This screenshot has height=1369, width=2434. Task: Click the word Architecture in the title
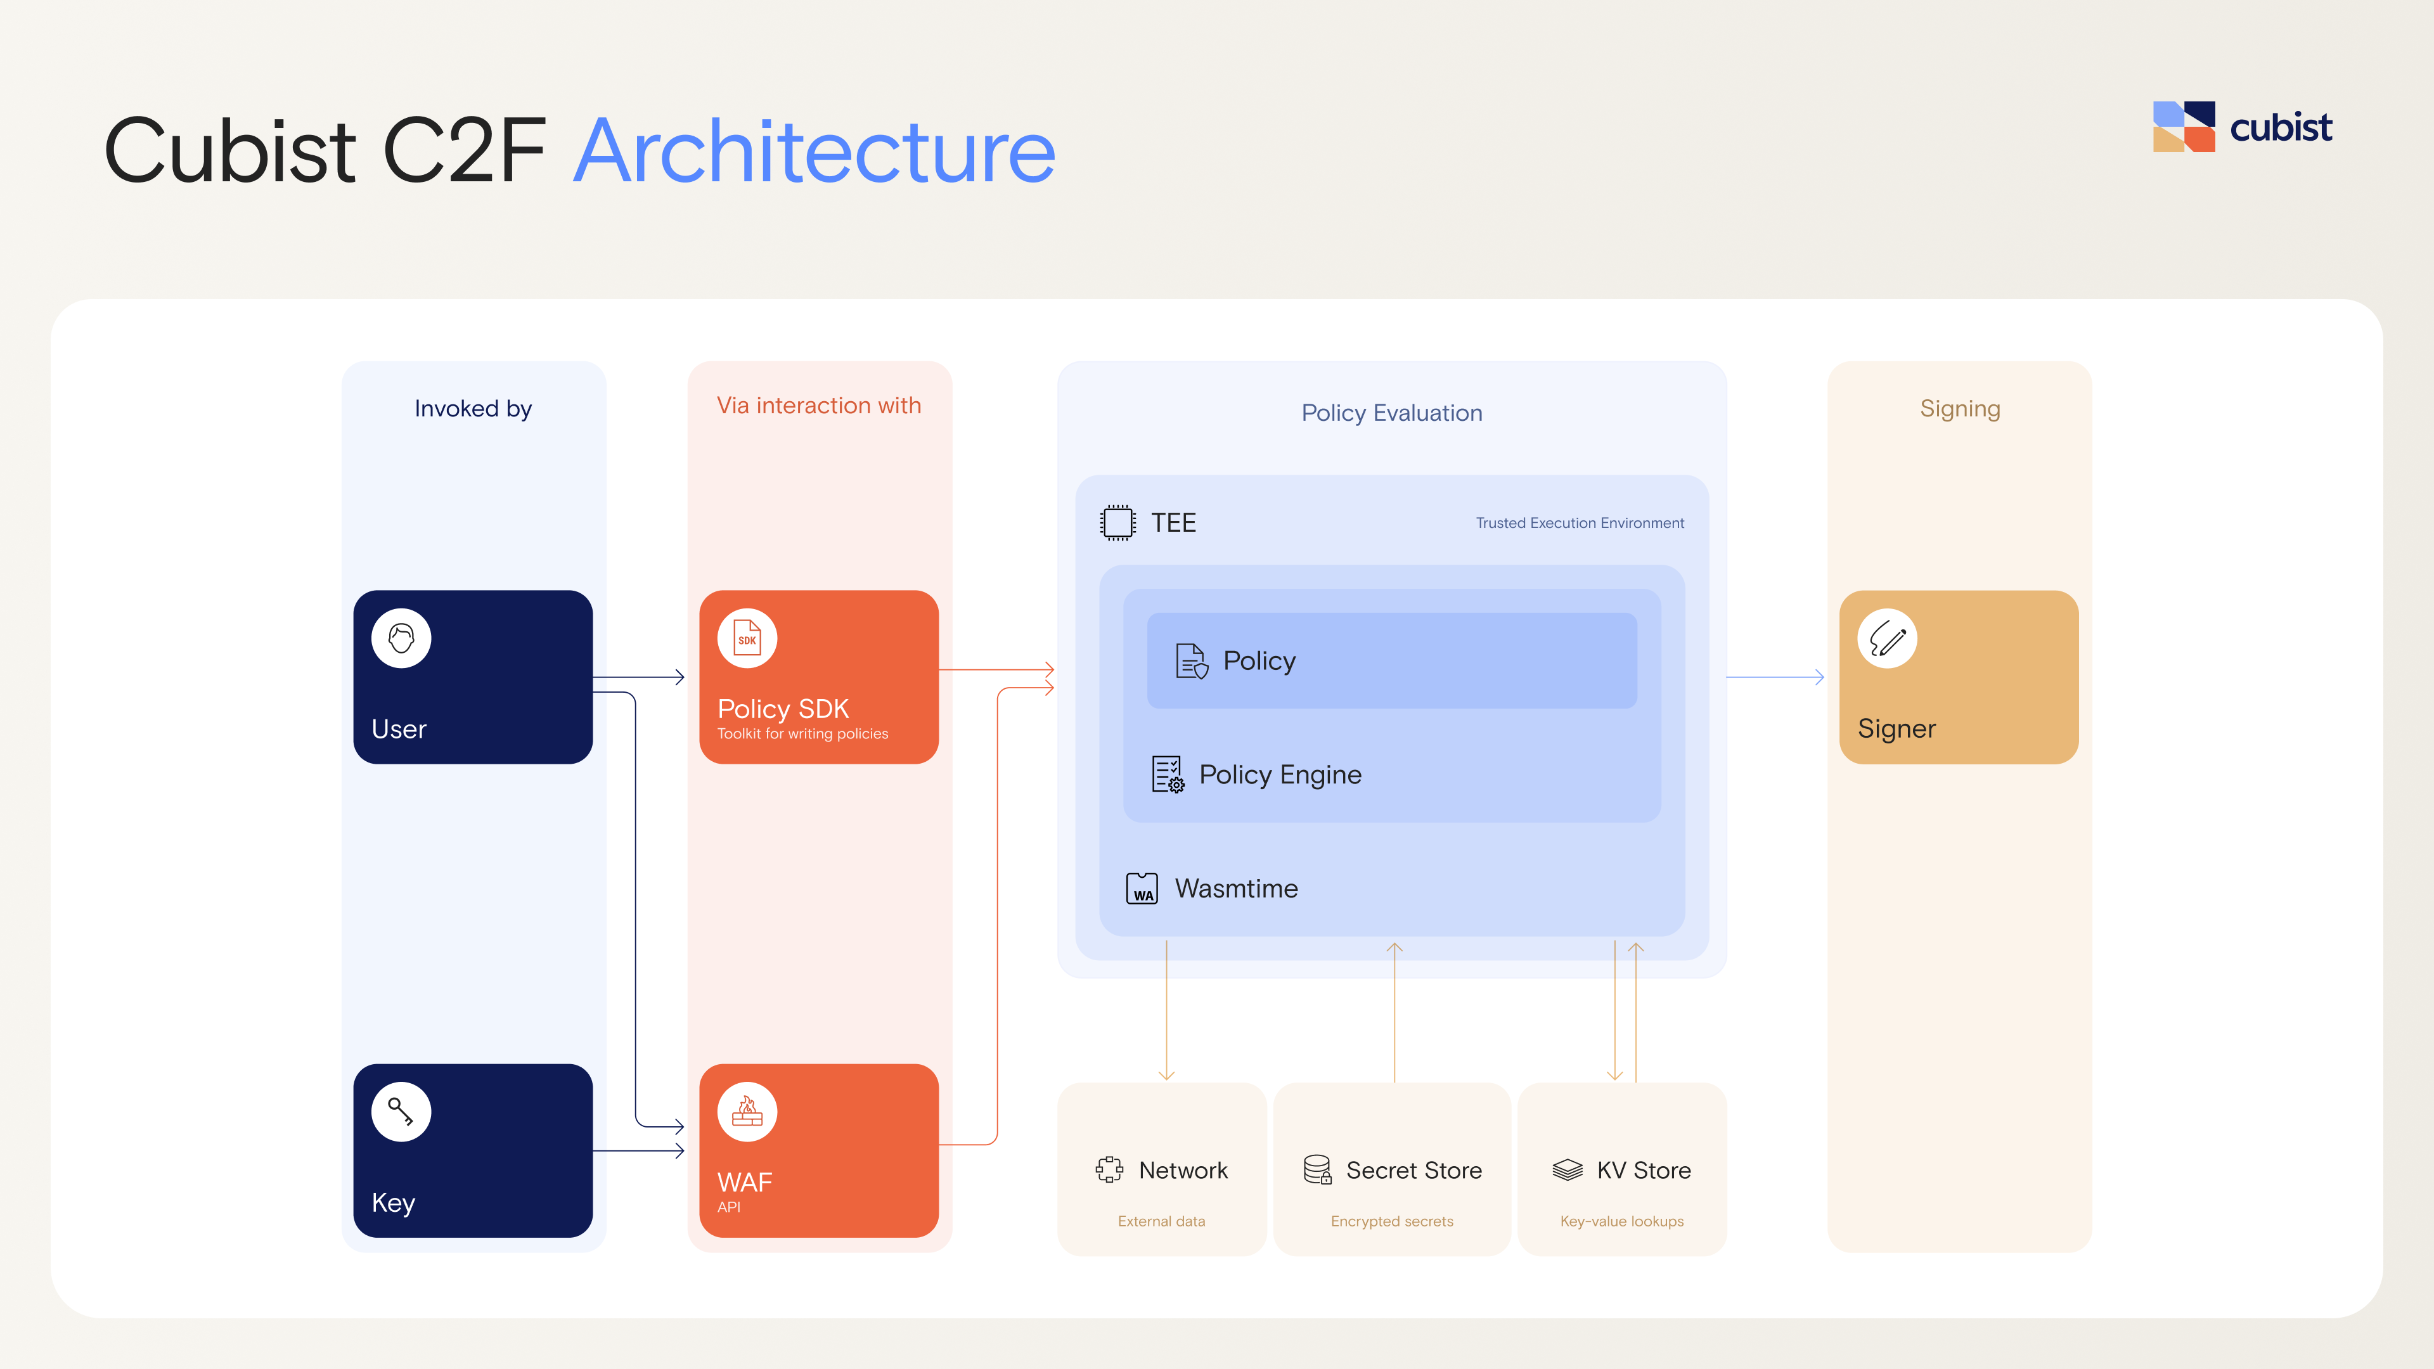click(x=815, y=151)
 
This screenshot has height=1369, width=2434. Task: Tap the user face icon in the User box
click(x=402, y=639)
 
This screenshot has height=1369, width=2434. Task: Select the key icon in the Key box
click(x=402, y=1112)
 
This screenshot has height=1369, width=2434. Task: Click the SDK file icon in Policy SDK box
click(x=747, y=639)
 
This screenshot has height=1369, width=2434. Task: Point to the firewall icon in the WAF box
click(x=747, y=1112)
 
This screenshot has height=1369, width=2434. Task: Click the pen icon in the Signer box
click(x=1887, y=639)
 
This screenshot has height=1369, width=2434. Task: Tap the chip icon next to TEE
click(x=1117, y=522)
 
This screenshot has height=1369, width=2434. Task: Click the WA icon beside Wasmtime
click(x=1142, y=889)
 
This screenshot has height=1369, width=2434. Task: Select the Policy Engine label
click(x=1280, y=774)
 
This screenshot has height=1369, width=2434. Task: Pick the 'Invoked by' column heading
click(x=473, y=409)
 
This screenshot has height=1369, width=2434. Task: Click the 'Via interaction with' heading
click(x=819, y=406)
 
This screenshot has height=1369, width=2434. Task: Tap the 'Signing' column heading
click(x=1960, y=409)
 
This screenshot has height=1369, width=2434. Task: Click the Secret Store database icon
click(x=1317, y=1169)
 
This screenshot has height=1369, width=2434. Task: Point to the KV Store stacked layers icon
click(x=1568, y=1169)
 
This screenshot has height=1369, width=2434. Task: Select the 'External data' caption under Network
click(x=1161, y=1221)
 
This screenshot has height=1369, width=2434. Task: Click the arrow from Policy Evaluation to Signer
click(x=1775, y=678)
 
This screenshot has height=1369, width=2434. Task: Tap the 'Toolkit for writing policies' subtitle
click(x=803, y=734)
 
